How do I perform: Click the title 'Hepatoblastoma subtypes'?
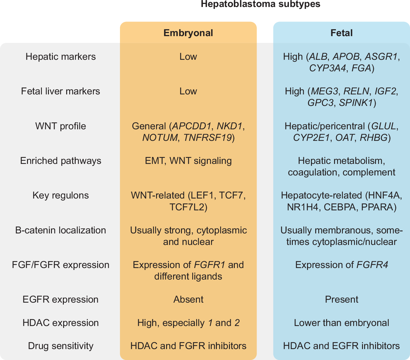click(x=260, y=4)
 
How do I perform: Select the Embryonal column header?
click(x=188, y=33)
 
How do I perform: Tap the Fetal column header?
click(x=341, y=33)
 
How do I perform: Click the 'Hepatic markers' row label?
click(x=61, y=57)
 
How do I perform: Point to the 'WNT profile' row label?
click(x=61, y=126)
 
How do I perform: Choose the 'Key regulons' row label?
click(x=61, y=195)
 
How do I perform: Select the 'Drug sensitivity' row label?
click(x=61, y=346)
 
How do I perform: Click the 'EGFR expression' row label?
click(x=61, y=300)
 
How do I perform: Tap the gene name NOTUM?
click(x=160, y=138)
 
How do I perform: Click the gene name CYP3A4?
click(x=327, y=68)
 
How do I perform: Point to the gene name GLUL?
click(x=384, y=126)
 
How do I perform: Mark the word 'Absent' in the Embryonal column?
click(x=188, y=300)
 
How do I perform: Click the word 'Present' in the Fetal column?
click(x=341, y=300)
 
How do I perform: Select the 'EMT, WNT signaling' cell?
click(x=188, y=161)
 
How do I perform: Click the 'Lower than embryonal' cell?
click(x=341, y=323)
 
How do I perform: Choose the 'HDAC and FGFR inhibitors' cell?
click(x=188, y=346)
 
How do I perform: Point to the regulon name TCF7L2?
click(x=188, y=207)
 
